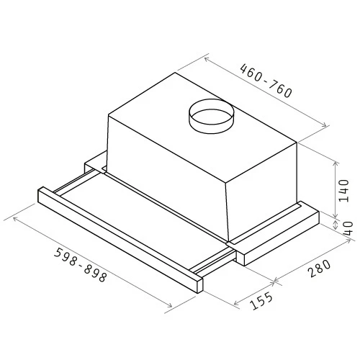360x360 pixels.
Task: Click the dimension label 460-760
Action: coord(266,81)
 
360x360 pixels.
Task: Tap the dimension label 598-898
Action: coord(80,265)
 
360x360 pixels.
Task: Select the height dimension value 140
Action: coord(343,191)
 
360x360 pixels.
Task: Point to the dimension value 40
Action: coord(348,228)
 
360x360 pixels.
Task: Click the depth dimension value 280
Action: coord(320,269)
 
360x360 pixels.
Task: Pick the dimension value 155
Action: coord(261,300)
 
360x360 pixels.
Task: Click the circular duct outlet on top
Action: coord(211,116)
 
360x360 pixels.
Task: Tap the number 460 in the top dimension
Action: coord(251,72)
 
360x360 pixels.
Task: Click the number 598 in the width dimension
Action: coord(66,256)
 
